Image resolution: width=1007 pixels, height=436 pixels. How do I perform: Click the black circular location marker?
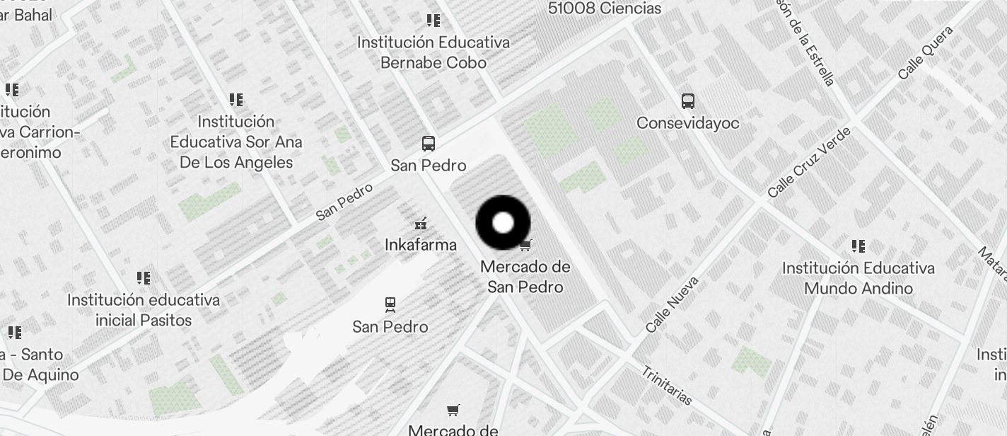click(x=503, y=223)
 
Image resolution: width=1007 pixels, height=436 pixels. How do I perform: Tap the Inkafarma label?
click(x=421, y=245)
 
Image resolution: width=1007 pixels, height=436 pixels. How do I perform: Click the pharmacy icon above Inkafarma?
click(x=421, y=224)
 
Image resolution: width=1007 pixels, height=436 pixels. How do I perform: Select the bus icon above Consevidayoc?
click(x=688, y=101)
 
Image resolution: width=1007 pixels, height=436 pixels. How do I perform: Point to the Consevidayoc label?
click(x=688, y=123)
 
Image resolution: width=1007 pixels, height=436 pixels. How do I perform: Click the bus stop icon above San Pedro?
click(x=429, y=144)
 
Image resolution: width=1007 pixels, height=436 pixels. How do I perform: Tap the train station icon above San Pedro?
click(x=390, y=305)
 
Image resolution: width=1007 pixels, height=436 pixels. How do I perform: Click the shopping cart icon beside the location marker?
click(x=525, y=246)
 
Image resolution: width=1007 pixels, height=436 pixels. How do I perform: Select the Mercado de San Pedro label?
click(x=525, y=277)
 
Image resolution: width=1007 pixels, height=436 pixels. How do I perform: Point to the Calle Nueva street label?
click(x=672, y=304)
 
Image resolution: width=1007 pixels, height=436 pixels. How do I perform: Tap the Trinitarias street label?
click(x=666, y=386)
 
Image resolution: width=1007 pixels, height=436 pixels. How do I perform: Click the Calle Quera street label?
click(x=926, y=52)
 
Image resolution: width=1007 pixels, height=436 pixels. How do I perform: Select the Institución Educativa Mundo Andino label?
click(x=858, y=278)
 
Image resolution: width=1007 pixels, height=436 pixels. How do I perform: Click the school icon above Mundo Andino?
click(x=858, y=246)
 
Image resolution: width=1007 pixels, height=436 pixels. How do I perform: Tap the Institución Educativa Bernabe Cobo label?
click(x=433, y=52)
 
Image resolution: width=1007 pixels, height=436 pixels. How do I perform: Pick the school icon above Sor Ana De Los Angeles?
click(x=236, y=100)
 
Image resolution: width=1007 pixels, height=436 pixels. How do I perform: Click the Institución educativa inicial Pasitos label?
click(x=144, y=310)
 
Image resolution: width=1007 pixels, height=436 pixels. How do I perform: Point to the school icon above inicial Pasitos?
click(x=144, y=277)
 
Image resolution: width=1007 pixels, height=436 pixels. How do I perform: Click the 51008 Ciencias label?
click(x=605, y=8)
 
